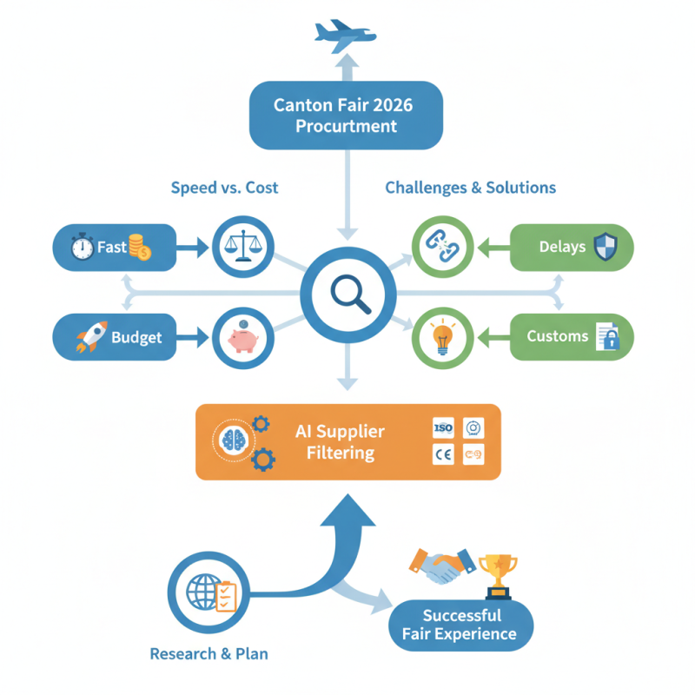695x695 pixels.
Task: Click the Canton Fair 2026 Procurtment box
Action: [x=346, y=116]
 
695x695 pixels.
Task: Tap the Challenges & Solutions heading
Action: [x=470, y=188]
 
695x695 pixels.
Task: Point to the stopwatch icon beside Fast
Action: [x=82, y=248]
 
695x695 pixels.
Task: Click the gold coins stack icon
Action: [x=139, y=248]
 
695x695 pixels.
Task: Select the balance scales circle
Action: [x=243, y=248]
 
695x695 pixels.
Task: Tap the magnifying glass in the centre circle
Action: [x=347, y=293]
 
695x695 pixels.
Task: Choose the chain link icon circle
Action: [x=442, y=248]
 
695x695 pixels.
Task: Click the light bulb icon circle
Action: [x=441, y=337]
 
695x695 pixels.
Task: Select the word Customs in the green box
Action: [x=558, y=336]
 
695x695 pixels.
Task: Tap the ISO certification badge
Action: [x=443, y=428]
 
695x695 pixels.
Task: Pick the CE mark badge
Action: [x=443, y=453]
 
